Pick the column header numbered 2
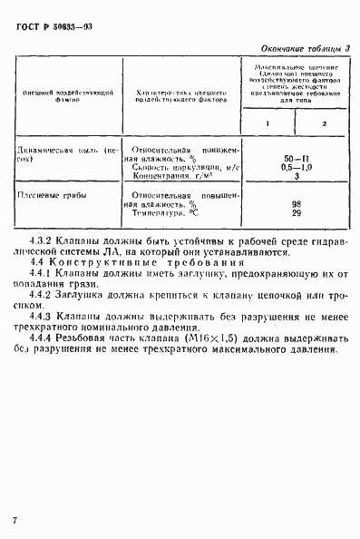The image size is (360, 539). (x=322, y=122)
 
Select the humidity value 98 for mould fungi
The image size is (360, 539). (x=293, y=204)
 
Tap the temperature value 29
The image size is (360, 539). (x=293, y=214)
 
